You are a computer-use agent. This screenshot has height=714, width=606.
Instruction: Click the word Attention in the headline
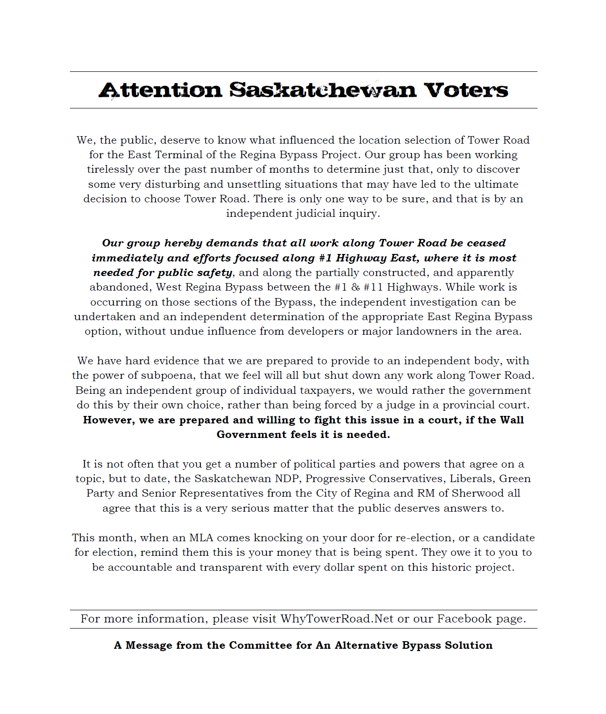[x=160, y=90]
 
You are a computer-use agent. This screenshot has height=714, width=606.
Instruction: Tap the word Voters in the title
[x=466, y=90]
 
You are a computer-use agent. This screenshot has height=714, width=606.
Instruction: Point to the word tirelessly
[x=110, y=169]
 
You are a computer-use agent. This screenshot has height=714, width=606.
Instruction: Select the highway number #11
[x=373, y=287]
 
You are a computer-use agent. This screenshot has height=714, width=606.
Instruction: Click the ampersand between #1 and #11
[x=354, y=287]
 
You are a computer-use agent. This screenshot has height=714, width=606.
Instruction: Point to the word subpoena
[x=167, y=376]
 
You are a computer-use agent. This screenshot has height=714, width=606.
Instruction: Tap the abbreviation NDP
[x=288, y=479]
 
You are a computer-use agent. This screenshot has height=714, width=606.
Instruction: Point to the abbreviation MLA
[x=201, y=538]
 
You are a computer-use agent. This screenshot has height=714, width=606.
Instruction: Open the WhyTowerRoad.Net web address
[x=337, y=619]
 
